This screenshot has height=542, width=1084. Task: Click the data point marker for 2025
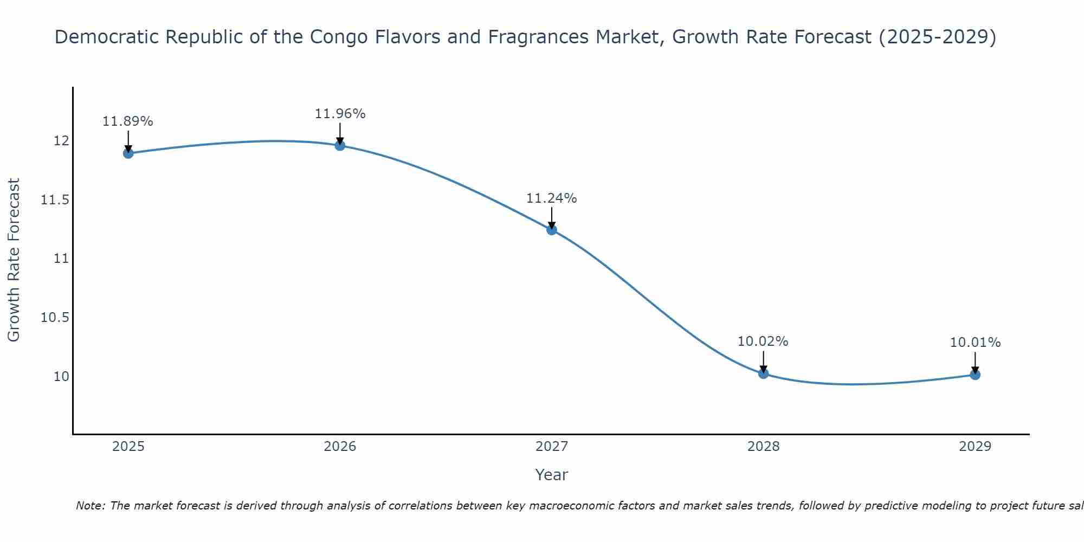(x=128, y=153)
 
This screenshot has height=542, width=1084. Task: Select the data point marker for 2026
(x=340, y=145)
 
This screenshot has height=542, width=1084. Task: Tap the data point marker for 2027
(x=552, y=230)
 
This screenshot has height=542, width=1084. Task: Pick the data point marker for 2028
(x=764, y=373)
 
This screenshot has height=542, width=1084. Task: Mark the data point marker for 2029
(x=975, y=375)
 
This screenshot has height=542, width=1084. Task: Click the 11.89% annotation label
(x=128, y=121)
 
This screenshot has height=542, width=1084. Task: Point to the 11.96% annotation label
(x=340, y=114)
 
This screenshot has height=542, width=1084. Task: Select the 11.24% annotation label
(x=552, y=198)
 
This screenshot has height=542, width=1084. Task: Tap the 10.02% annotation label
(x=763, y=341)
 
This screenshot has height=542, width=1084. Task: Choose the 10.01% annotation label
(x=975, y=343)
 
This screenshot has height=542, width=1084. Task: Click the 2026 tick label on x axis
(x=340, y=447)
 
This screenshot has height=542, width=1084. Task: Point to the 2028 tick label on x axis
(x=763, y=447)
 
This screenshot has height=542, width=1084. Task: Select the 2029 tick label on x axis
(x=975, y=447)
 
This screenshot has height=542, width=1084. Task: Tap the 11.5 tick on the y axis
(x=55, y=201)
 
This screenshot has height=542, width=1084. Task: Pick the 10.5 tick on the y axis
(x=55, y=318)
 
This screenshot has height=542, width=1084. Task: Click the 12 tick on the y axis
(x=61, y=141)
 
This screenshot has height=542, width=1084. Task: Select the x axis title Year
(x=551, y=475)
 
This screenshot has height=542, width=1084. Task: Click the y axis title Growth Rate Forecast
(x=14, y=260)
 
